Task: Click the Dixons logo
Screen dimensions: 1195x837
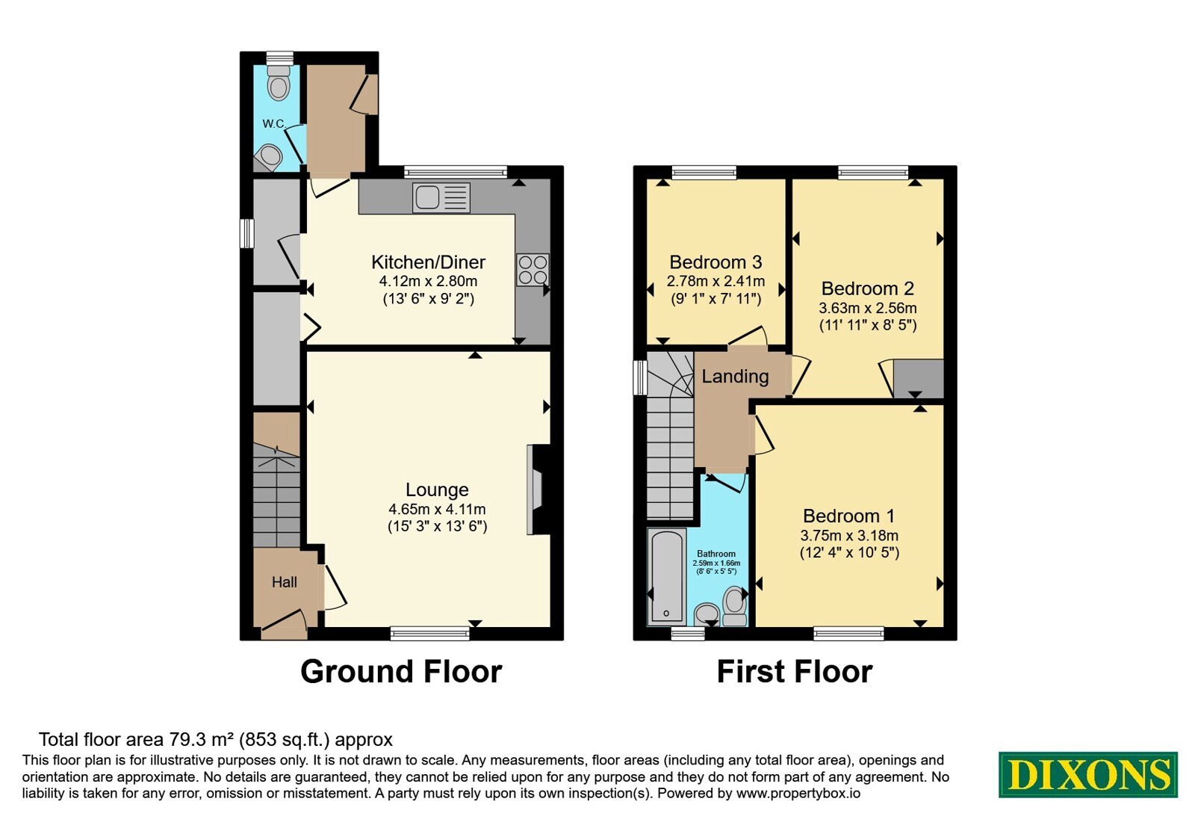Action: [x=1087, y=774]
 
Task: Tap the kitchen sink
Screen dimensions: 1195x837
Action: [x=441, y=197]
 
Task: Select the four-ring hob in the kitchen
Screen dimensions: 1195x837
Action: [x=533, y=270]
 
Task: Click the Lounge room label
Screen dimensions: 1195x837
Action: [x=437, y=489]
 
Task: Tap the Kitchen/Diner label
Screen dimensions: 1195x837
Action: [x=429, y=262]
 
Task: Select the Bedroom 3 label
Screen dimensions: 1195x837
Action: [x=716, y=262]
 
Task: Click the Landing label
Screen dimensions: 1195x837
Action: [x=735, y=377]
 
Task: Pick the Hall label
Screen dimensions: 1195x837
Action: [x=285, y=582]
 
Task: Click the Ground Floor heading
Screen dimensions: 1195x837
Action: [x=401, y=672]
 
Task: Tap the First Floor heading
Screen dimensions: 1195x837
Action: [x=795, y=672]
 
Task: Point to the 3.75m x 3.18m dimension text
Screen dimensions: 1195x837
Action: [x=849, y=535]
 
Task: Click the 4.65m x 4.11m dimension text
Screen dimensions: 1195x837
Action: [x=437, y=509]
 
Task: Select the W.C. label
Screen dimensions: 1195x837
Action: [x=274, y=124]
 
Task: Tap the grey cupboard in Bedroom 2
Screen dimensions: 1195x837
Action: [x=919, y=378]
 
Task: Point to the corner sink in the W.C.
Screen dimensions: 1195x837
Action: [x=268, y=158]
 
